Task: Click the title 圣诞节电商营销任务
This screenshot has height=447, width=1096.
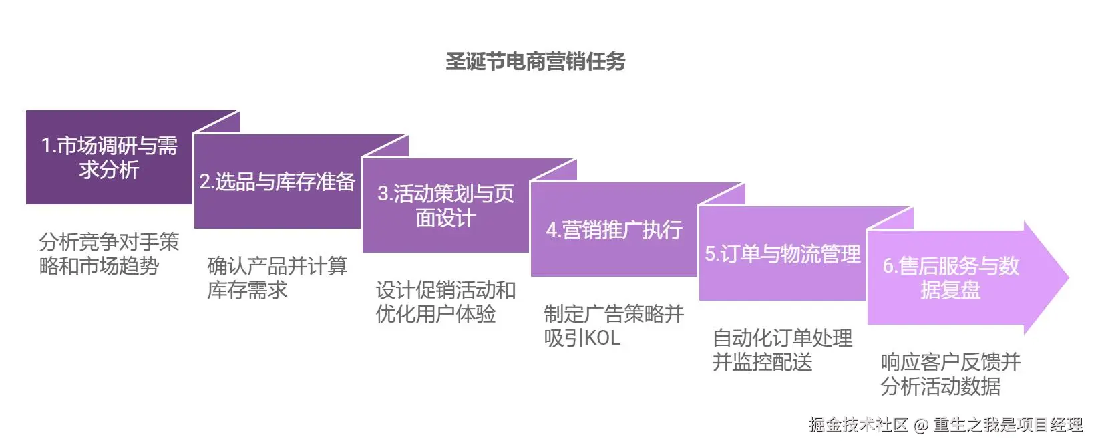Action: pos(536,61)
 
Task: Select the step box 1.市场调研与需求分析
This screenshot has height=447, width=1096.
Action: pos(109,158)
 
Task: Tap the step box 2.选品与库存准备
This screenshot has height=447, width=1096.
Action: pos(277,182)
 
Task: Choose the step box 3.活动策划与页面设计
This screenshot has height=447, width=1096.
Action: pos(445,206)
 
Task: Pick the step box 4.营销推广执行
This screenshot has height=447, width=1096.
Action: pos(614,230)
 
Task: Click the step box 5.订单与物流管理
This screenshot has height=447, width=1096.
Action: pos(782,254)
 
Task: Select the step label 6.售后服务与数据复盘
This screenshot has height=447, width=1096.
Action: pos(950,278)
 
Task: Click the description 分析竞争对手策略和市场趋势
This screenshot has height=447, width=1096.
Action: pos(109,254)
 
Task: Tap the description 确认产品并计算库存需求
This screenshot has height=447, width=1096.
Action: pos(277,278)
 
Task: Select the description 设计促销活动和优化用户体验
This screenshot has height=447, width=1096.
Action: pos(445,302)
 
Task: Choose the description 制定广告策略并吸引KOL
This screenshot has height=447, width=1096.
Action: pos(614,326)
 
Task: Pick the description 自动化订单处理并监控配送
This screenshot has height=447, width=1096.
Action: pos(782,350)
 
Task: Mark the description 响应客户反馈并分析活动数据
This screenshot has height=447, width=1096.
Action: pos(950,374)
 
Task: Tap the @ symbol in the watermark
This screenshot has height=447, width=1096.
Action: pos(921,425)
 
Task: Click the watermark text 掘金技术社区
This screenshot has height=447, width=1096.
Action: pos(858,425)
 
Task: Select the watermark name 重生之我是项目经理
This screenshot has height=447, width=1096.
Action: pos(1008,425)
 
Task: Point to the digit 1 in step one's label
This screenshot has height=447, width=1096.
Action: pos(45,146)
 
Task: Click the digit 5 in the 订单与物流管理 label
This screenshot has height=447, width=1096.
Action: pos(710,255)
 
